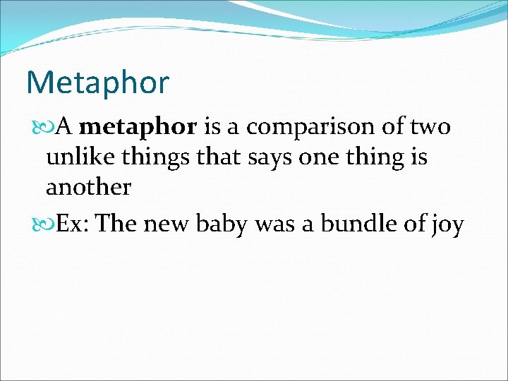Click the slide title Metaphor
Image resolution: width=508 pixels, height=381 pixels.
(97, 83)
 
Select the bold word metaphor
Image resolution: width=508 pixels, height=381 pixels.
(138, 127)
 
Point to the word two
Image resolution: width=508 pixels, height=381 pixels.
(429, 127)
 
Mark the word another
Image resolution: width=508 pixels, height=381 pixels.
(88, 187)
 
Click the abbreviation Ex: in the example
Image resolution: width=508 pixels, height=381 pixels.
(73, 224)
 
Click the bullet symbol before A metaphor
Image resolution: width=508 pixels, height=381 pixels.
(38, 128)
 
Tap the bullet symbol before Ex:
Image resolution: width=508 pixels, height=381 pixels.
(38, 224)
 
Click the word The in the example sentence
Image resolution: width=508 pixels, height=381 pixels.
(118, 224)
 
